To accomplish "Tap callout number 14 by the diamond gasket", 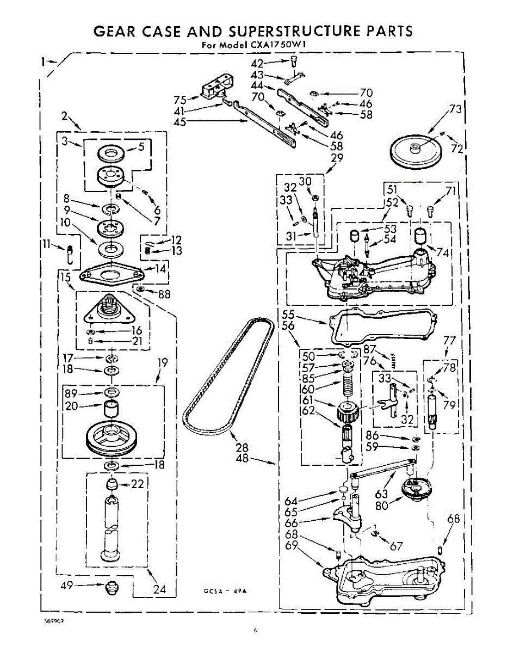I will (x=160, y=268).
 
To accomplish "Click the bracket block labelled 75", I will (x=216, y=88).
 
